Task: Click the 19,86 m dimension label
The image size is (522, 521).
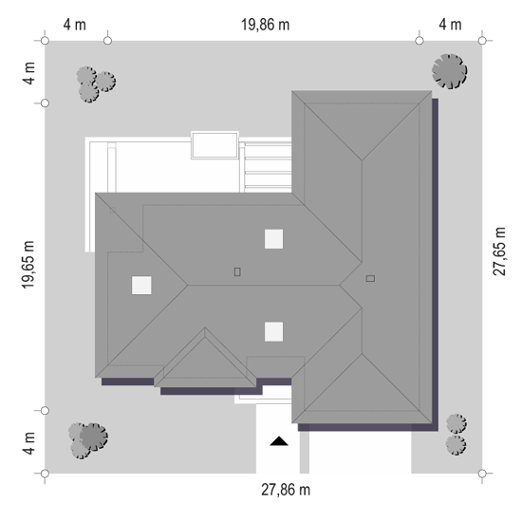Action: coord(265,25)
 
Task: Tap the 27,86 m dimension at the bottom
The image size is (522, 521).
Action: coord(286,490)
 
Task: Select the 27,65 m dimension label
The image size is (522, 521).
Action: coord(499,251)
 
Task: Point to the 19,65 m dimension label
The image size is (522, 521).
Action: coord(28,265)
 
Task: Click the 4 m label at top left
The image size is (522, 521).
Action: coord(75,25)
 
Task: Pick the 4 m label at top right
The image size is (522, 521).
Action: coord(451,25)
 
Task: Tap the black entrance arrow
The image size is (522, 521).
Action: coord(279,441)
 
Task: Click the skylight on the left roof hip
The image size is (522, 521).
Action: coord(141,286)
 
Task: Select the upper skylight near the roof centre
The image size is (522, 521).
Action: coord(273,239)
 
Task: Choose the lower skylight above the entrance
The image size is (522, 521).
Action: coord(273,331)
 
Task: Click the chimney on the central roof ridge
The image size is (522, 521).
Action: coord(237,272)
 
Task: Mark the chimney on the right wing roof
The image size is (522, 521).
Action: coord(370,278)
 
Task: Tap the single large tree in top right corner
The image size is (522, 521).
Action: coord(450,71)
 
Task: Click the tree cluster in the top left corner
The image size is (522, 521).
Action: coord(96,84)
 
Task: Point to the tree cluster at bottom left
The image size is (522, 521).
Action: coord(88,441)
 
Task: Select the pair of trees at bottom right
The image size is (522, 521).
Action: coord(457,435)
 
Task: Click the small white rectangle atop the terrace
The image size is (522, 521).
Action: coord(214,145)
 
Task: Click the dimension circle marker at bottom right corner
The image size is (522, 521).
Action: coord(482,474)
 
